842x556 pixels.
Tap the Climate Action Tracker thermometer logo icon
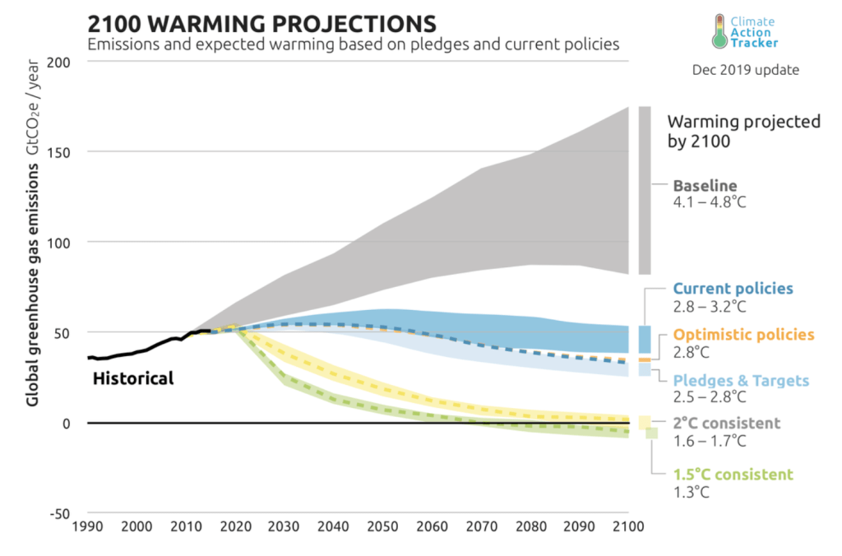click(720, 31)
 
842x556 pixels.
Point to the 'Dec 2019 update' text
click(745, 70)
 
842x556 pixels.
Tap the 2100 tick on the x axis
click(627, 526)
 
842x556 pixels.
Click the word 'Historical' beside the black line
click(132, 378)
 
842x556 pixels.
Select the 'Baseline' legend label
click(705, 186)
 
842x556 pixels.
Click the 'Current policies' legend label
click(733, 290)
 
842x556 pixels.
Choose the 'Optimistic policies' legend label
click(743, 336)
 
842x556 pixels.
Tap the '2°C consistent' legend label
click(726, 424)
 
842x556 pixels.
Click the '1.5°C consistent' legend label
click(733, 475)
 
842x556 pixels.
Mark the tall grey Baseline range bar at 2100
click(645, 190)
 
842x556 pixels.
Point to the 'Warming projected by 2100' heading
click(743, 131)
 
